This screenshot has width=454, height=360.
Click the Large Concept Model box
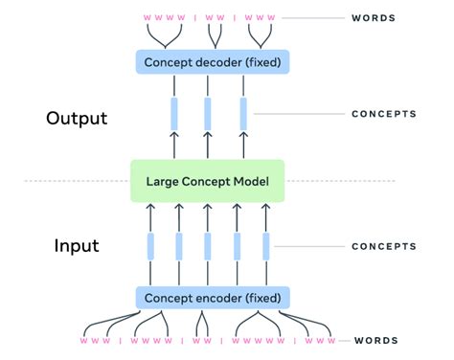[x=208, y=181]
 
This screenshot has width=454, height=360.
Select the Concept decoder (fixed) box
[x=208, y=62]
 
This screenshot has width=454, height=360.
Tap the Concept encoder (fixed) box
[x=208, y=297]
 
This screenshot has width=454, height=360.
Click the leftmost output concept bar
[x=174, y=114]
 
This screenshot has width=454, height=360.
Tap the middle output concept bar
[x=208, y=114]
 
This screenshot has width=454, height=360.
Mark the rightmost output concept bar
[x=242, y=114]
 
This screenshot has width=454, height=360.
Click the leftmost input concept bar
[x=150, y=247]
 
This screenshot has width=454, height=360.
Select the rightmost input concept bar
[x=264, y=247]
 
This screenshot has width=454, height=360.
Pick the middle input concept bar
[x=208, y=247]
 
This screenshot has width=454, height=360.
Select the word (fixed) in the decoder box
[x=257, y=62]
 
